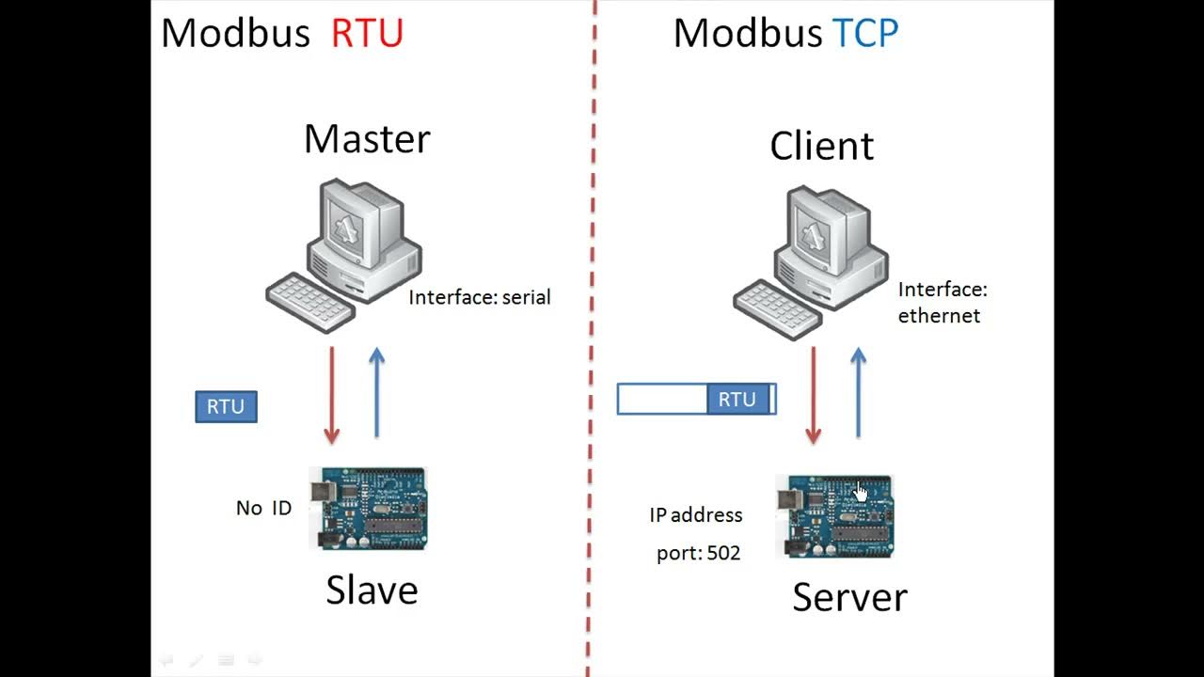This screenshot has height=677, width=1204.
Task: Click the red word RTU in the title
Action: [x=367, y=34]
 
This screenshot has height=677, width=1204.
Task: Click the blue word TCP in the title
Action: [x=865, y=34]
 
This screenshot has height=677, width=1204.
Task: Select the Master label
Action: [x=367, y=139]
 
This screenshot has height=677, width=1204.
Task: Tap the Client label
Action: [x=821, y=147]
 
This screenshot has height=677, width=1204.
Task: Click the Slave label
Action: [x=372, y=590]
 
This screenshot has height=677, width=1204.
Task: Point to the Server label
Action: [x=849, y=597]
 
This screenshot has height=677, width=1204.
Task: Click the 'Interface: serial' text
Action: [x=480, y=298]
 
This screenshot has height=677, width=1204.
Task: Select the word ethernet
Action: [x=939, y=316]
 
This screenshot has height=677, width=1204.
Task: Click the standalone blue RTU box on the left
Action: [x=226, y=407]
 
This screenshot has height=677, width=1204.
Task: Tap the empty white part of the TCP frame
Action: [x=662, y=400]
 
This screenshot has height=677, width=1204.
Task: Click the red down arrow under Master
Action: [x=331, y=395]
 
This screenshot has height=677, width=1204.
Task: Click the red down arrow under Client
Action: [x=814, y=395]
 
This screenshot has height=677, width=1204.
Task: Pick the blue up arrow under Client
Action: [x=858, y=393]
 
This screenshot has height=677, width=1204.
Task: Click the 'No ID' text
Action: [x=263, y=509]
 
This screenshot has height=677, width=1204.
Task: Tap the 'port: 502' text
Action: [x=698, y=554]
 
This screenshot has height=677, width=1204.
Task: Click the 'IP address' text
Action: [x=695, y=515]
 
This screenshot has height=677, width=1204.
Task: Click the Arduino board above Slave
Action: [x=368, y=508]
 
